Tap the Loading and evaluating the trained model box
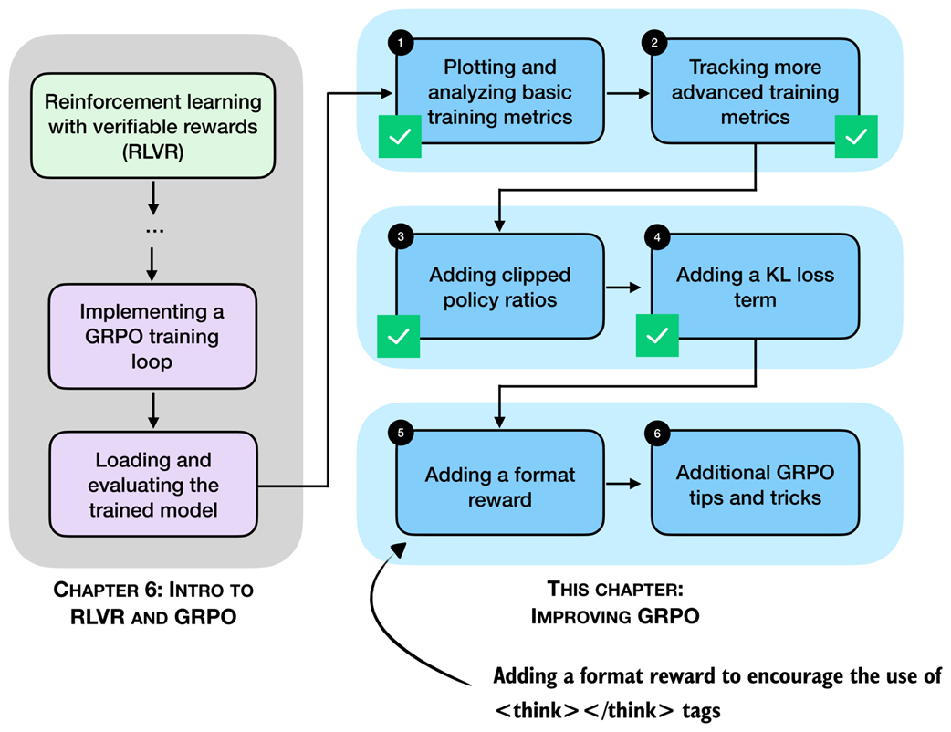153,485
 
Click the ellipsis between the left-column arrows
153,230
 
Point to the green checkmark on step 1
399,137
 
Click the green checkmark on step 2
856,137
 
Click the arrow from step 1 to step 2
625,92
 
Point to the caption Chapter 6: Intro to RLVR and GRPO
153,602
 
